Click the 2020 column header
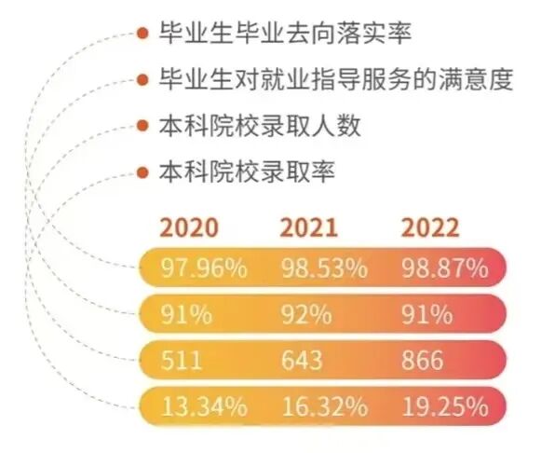point(189,227)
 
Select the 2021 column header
point(309,227)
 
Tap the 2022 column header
point(429,227)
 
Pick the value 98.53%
point(323,269)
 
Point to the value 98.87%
point(444,269)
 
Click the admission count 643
point(303,361)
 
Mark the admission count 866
point(424,361)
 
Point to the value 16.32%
point(323,406)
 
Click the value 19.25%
point(444,406)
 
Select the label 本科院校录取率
point(247,172)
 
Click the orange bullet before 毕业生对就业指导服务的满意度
point(142,79)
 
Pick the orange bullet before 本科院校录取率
point(142,172)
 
